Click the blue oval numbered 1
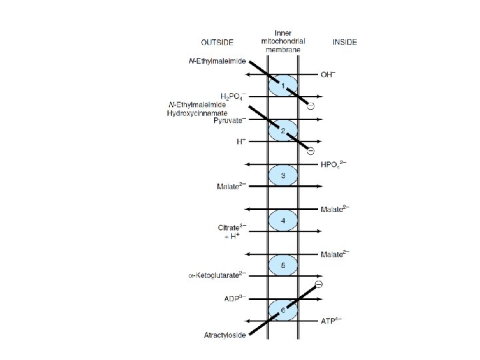283,87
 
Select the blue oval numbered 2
283,131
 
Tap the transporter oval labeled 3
283,176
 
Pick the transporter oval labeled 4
283,220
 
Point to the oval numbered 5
283,265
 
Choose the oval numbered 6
283,310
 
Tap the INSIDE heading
345,42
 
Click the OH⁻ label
329,74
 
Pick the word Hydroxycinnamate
196,113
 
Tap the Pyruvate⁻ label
229,121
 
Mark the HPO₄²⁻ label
335,165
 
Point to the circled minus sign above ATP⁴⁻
319,285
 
